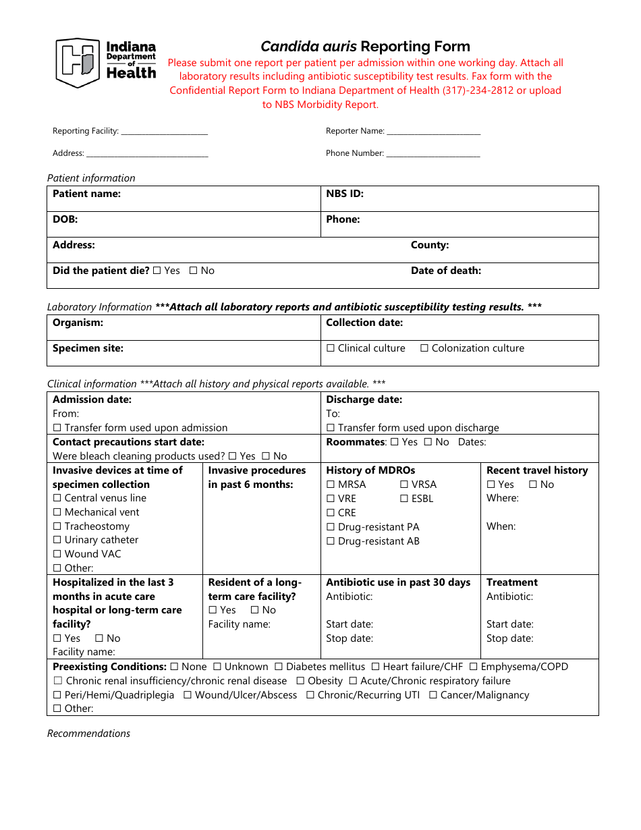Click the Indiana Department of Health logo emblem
click(77, 62)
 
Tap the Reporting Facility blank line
click(164, 132)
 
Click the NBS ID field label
click(345, 194)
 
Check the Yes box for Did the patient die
click(157, 271)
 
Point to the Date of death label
click(446, 271)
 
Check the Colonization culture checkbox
click(424, 349)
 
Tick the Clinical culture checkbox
click(331, 349)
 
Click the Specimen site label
click(88, 349)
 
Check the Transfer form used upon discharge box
click(331, 428)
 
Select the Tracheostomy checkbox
click(57, 526)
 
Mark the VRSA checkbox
click(404, 485)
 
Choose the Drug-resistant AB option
click(331, 541)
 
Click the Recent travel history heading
click(537, 470)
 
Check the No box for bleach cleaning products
click(266, 456)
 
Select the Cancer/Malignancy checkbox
click(433, 695)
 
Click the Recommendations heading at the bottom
click(88, 734)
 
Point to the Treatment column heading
click(512, 582)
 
